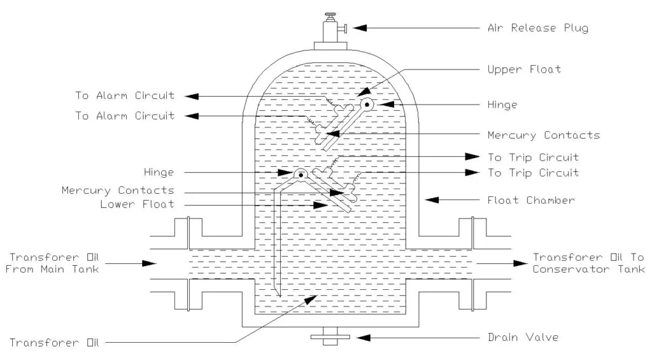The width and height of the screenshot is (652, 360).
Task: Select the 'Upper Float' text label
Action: click(525, 69)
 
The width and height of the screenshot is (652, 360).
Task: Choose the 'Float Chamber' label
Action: click(531, 200)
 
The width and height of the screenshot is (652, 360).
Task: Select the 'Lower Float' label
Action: click(137, 205)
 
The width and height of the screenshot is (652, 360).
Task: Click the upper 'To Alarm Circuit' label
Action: click(124, 96)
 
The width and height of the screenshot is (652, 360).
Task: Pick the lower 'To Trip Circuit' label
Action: click(532, 173)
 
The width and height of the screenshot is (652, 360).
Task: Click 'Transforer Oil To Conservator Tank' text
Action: click(588, 263)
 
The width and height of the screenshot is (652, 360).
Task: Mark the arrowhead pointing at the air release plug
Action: click(360, 28)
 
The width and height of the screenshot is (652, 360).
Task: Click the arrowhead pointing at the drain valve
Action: click(361, 337)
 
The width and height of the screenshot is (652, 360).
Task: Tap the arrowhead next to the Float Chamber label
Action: click(431, 200)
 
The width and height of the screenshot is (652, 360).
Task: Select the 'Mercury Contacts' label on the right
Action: click(543, 135)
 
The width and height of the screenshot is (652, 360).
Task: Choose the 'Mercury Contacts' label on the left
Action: click(118, 191)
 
